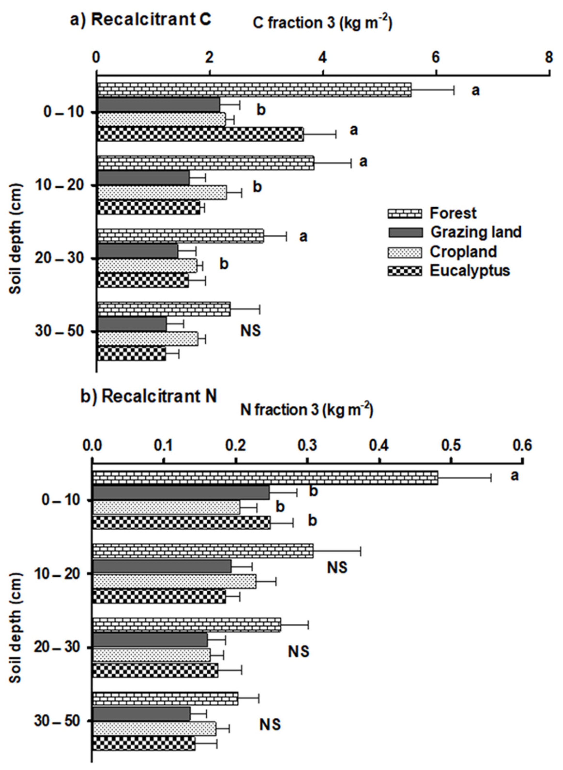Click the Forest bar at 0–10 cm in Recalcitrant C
tap(254, 90)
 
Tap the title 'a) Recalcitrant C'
tap(140, 19)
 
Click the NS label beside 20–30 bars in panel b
tap(299, 651)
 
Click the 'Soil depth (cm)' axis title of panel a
tap(15, 239)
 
